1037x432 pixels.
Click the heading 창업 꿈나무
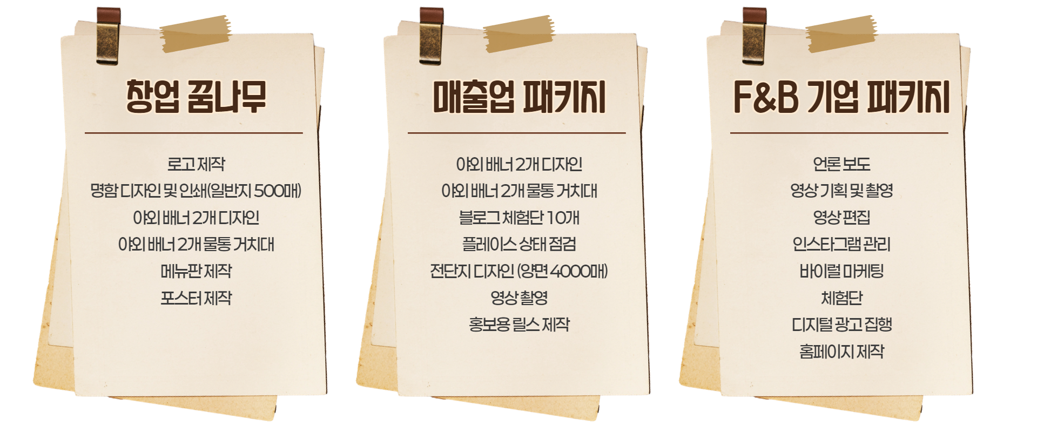[196, 97]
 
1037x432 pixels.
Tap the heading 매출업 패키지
[518, 97]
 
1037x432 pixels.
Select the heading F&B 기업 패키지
[840, 97]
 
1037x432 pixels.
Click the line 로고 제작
[196, 164]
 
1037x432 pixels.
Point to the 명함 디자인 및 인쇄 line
[196, 191]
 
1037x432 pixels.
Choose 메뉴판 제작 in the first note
[196, 271]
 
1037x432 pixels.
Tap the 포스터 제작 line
[196, 298]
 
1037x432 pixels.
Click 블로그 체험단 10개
[518, 218]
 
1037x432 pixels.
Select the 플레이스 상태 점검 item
[518, 244]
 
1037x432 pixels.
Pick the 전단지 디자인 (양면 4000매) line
[518, 271]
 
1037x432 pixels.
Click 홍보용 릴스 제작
[518, 325]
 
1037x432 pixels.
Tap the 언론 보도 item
[841, 164]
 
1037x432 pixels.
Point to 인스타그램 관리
[841, 244]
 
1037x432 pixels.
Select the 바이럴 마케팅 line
[841, 271]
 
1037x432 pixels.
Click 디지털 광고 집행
[841, 325]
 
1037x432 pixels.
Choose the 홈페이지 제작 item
[841, 352]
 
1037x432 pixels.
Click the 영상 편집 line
[841, 218]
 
